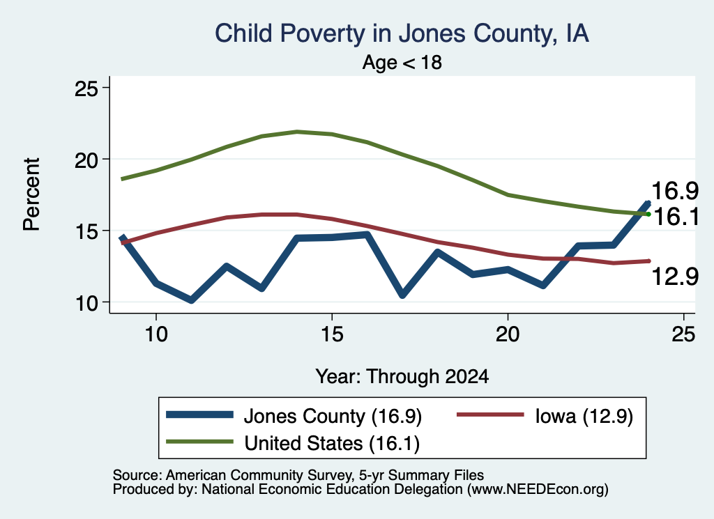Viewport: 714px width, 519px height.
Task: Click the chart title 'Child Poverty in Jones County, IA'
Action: pyautogui.click(x=402, y=33)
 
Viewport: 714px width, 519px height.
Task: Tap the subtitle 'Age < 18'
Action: pyautogui.click(x=402, y=62)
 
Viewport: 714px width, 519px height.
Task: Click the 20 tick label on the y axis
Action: pyautogui.click(x=86, y=160)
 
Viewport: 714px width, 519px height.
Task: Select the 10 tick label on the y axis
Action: pyautogui.click(x=86, y=302)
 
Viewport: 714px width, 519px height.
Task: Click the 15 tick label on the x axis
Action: pyautogui.click(x=332, y=334)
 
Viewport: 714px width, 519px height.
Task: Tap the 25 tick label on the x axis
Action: pyautogui.click(x=683, y=334)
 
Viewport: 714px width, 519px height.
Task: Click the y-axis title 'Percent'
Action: pyautogui.click(x=32, y=194)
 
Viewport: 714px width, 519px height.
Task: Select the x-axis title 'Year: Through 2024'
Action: pyautogui.click(x=402, y=377)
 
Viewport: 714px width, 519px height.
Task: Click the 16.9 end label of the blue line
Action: pyautogui.click(x=674, y=191)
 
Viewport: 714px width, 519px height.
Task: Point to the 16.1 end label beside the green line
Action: pyautogui.click(x=676, y=217)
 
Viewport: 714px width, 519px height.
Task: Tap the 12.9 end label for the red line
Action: pyautogui.click(x=674, y=276)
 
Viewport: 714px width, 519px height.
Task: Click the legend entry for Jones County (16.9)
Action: pyautogui.click(x=294, y=416)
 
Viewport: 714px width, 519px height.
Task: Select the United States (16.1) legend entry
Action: pyautogui.click(x=293, y=442)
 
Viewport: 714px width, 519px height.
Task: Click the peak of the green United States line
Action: pyautogui.click(x=297, y=132)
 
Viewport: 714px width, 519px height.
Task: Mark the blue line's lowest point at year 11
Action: pyautogui.click(x=192, y=300)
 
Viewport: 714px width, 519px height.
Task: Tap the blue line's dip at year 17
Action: pyautogui.click(x=402, y=295)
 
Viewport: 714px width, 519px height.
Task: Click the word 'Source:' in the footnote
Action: pyautogui.click(x=137, y=475)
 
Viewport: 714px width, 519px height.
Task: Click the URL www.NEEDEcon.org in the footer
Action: pyautogui.click(x=538, y=489)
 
